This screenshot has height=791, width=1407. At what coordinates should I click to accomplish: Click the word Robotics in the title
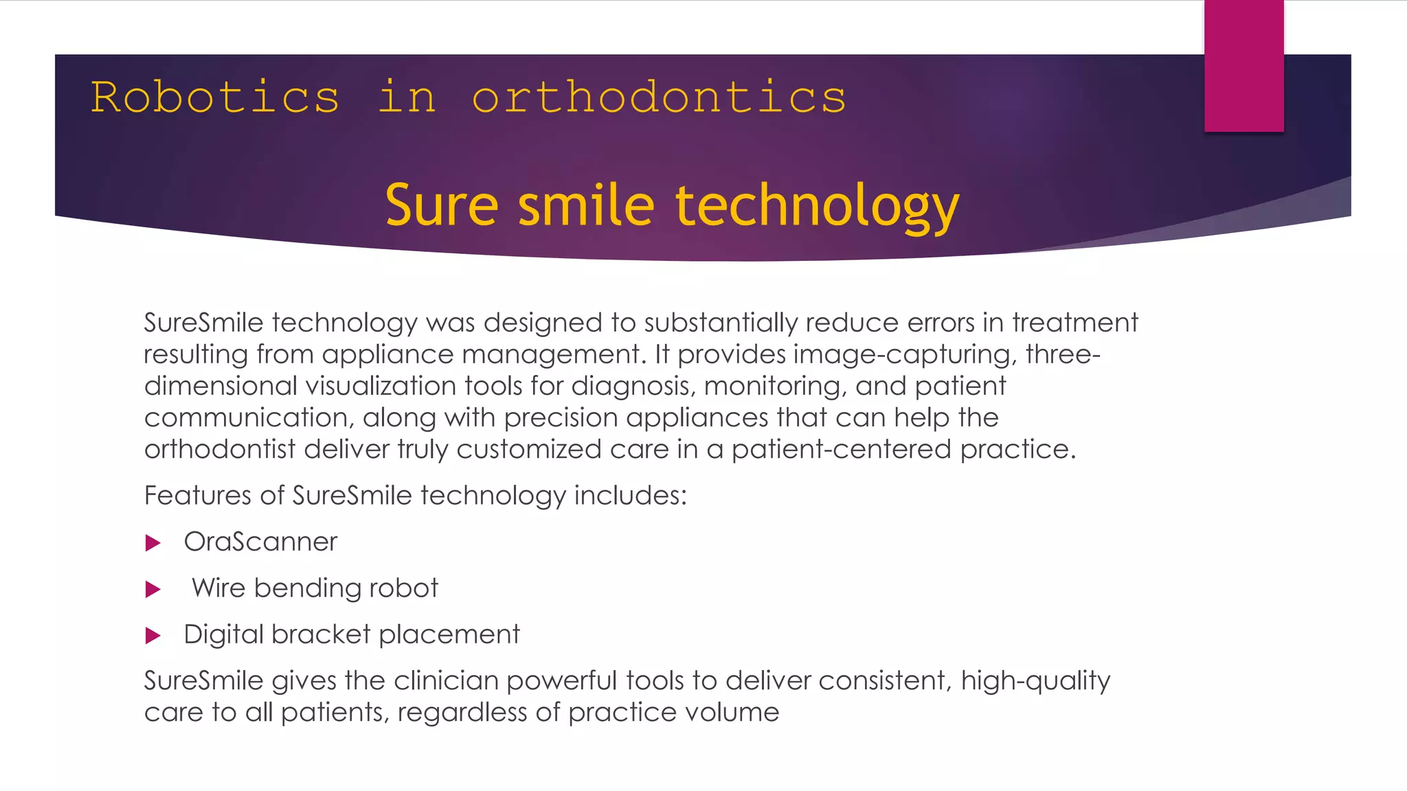pyautogui.click(x=215, y=97)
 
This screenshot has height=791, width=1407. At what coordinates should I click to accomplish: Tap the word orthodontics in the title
pyautogui.click(x=659, y=97)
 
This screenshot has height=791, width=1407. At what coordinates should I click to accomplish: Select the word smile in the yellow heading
pyautogui.click(x=586, y=205)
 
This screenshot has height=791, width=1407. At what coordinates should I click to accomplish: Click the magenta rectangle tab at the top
pyautogui.click(x=1243, y=66)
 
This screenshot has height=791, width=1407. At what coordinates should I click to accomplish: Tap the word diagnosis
pyautogui.click(x=634, y=387)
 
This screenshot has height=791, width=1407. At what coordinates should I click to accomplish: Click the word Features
pyautogui.click(x=198, y=495)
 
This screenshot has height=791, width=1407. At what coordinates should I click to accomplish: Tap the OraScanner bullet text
pyautogui.click(x=260, y=542)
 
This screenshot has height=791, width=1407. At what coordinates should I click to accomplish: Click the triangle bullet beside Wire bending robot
pyautogui.click(x=153, y=589)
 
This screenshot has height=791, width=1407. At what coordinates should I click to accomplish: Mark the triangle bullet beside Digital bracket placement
pyautogui.click(x=153, y=635)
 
